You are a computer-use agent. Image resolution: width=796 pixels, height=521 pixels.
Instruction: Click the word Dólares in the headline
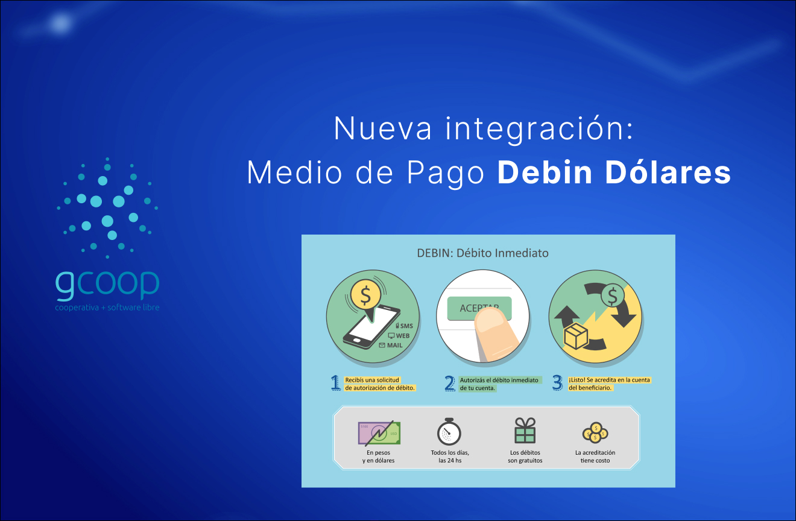(668, 173)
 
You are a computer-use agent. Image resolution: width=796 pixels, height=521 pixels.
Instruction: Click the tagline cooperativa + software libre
(107, 308)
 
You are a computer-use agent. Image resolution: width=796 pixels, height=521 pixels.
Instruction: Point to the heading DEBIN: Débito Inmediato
(482, 253)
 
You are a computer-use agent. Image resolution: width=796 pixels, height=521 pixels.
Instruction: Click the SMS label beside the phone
(406, 326)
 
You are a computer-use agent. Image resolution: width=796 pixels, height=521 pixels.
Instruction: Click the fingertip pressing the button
(496, 332)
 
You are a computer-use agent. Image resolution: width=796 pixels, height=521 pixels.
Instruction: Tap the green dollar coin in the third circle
(613, 296)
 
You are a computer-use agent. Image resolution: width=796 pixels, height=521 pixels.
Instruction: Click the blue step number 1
(335, 383)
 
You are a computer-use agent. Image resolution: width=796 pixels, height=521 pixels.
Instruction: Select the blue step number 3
(557, 383)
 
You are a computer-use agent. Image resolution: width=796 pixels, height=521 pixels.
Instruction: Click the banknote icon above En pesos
(379, 432)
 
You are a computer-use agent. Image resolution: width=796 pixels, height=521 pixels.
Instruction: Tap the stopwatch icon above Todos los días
(449, 431)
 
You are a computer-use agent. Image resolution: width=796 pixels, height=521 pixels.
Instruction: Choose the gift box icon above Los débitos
(525, 431)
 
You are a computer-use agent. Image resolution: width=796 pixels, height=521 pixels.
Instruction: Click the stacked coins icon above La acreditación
(595, 432)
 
